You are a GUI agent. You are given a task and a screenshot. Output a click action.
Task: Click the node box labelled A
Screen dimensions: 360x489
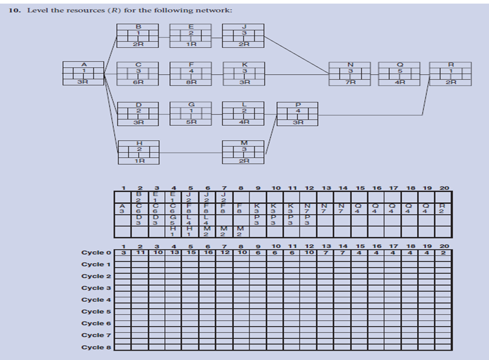pyautogui.click(x=84, y=73)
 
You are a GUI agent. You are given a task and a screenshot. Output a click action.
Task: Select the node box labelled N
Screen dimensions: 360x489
pyautogui.click(x=349, y=73)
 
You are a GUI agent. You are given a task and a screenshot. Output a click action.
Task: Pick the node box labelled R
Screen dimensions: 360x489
pyautogui.click(x=451, y=73)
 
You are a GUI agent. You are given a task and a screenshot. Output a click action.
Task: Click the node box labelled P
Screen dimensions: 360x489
pyautogui.click(x=298, y=112)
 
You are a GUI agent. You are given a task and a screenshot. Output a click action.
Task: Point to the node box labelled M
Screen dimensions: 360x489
pyautogui.click(x=244, y=151)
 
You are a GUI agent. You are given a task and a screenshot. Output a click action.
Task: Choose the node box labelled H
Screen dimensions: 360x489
pyautogui.click(x=137, y=151)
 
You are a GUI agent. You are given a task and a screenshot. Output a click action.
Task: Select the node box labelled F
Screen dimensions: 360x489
pyautogui.click(x=191, y=73)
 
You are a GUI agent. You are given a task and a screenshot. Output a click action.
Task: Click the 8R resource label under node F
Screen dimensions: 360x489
pyautogui.click(x=191, y=83)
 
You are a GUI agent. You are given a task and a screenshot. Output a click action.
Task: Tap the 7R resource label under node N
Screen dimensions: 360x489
pyautogui.click(x=349, y=83)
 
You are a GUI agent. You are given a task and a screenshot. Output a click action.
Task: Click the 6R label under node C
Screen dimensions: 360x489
pyautogui.click(x=137, y=83)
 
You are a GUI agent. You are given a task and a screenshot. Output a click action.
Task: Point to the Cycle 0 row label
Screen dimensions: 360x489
pyautogui.click(x=93, y=252)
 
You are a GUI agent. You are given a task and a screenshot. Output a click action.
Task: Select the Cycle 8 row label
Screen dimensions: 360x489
pyautogui.click(x=93, y=347)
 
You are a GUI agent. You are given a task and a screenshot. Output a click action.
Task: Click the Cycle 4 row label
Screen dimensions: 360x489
pyautogui.click(x=93, y=300)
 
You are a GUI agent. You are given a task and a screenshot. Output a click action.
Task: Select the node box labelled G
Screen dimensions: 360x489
pyautogui.click(x=191, y=112)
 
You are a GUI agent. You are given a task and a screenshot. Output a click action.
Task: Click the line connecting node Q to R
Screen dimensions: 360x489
pyautogui.click(x=425, y=73)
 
